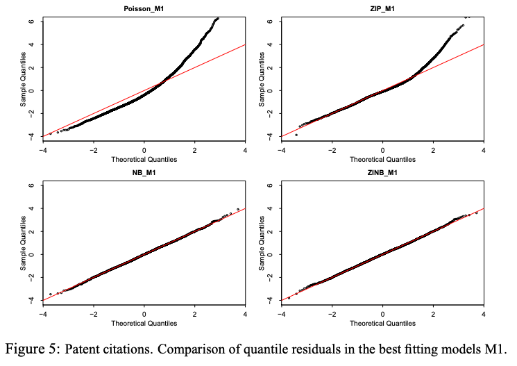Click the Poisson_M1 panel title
coord(144,9)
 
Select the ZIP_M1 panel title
coord(382,9)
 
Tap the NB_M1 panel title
coord(144,173)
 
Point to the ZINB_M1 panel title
coord(382,173)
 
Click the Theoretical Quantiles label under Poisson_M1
coord(144,159)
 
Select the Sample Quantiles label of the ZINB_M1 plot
coord(262,242)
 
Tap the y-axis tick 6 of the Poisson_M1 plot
coord(31,21)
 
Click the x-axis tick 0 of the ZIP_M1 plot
coord(382,150)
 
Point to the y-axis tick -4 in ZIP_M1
coord(270,136)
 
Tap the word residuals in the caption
coord(325,347)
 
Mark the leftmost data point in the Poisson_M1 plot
coord(50,133)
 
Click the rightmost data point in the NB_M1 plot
coord(238,209)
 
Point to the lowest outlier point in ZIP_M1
coord(296,135)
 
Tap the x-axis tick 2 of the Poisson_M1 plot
coord(194,150)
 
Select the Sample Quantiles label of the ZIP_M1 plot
coord(262,78)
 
